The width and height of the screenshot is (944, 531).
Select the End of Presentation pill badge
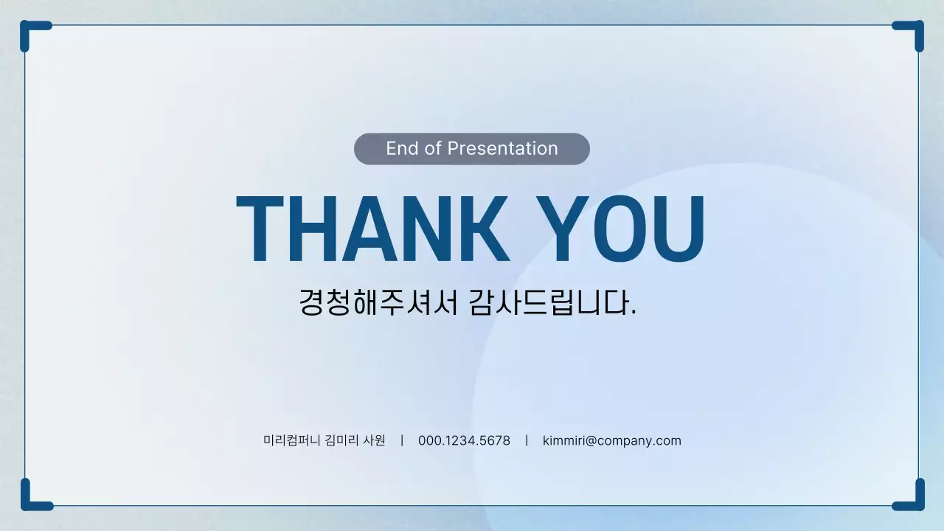[472, 149]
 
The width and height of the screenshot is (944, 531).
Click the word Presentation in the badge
[502, 149]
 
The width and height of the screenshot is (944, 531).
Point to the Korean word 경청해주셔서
[379, 302]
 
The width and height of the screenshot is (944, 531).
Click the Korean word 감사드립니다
[552, 302]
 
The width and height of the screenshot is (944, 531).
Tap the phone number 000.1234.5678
[464, 441]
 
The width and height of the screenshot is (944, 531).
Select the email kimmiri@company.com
[612, 441]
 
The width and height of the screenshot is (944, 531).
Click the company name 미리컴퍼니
[292, 441]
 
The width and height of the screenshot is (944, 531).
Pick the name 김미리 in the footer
[341, 441]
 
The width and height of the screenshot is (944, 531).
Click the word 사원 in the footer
[375, 441]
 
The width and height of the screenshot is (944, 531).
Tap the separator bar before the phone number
[402, 441]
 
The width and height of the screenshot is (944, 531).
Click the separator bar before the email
[527, 441]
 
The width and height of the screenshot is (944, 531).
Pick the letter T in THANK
[260, 229]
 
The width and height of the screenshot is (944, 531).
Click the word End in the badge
[402, 149]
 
